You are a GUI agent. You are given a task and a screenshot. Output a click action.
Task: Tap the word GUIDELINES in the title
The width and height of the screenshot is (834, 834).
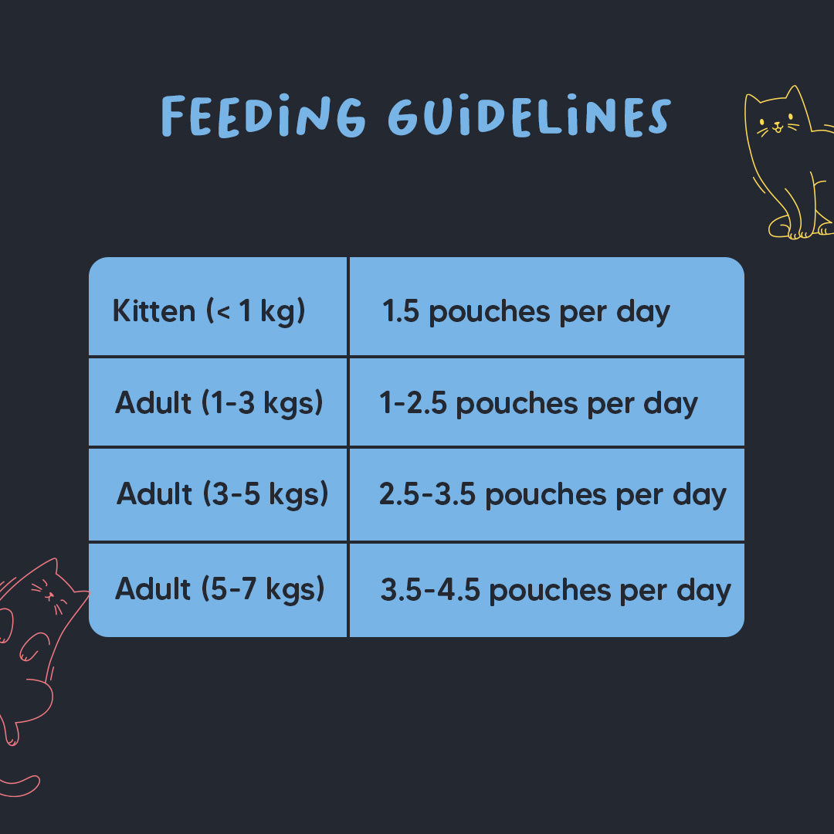(x=528, y=118)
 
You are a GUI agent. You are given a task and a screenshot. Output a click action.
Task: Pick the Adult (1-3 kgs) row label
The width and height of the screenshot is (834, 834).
(x=219, y=402)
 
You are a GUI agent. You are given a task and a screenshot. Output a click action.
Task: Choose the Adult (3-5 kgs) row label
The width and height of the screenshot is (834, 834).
(x=222, y=494)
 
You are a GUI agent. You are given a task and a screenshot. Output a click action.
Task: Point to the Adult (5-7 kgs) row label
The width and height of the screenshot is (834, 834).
(x=219, y=589)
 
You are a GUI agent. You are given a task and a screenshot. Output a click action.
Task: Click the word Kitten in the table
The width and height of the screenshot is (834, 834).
(x=154, y=311)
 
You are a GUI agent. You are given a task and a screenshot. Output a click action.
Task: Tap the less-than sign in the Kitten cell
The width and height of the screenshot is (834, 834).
(x=221, y=312)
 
